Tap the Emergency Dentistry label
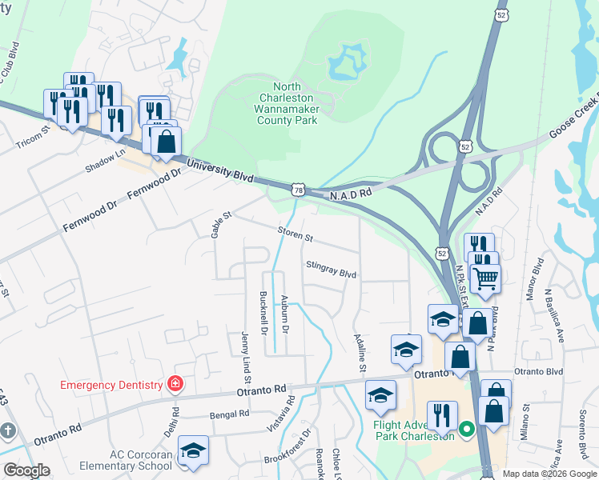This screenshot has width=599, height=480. tap(111, 385)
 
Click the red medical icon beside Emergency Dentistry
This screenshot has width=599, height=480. tap(175, 385)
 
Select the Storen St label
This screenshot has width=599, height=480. tap(295, 235)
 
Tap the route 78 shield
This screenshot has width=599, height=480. tap(297, 190)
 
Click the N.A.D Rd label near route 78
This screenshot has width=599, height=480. tap(352, 194)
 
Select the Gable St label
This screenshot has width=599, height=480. tap(220, 225)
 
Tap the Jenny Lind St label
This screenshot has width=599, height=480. tap(247, 354)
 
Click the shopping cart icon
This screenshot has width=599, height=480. tap(484, 279)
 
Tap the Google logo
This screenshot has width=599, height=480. tap(26, 470)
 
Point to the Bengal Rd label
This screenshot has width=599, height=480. tap(229, 414)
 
